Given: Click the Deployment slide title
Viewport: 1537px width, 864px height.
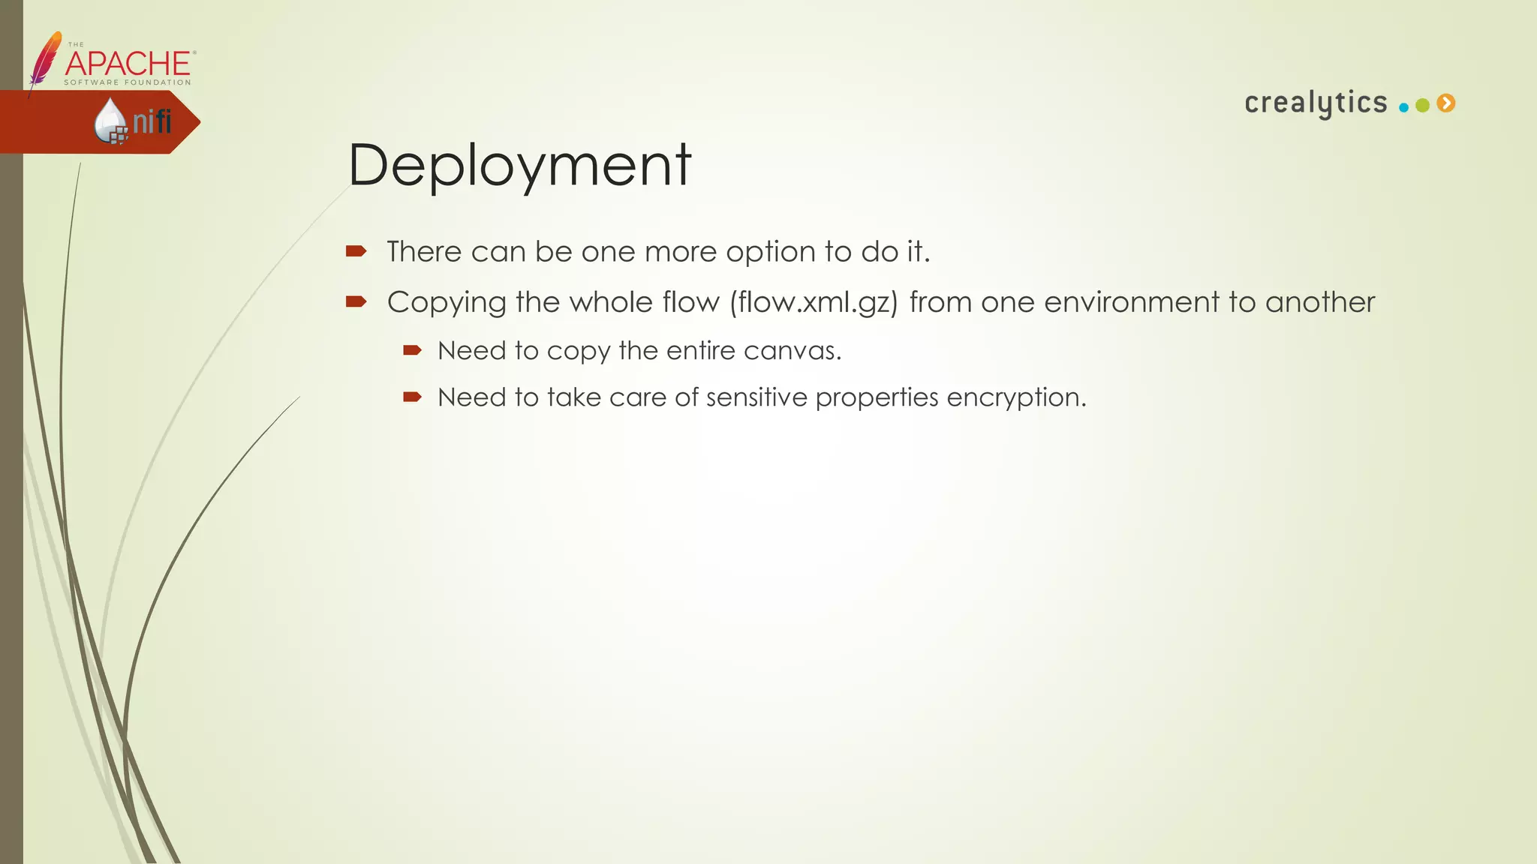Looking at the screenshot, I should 519,166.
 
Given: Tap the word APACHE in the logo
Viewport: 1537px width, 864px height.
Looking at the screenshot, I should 128,64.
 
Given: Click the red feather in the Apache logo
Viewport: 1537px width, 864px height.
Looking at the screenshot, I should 44,59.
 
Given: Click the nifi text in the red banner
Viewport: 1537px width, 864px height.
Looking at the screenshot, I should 152,121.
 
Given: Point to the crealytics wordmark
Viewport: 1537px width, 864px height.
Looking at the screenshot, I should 1316,103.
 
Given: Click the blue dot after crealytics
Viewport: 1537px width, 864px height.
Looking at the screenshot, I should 1403,107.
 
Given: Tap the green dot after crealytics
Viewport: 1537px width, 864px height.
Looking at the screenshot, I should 1422,106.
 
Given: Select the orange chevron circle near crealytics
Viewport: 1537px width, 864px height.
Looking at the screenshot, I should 1446,103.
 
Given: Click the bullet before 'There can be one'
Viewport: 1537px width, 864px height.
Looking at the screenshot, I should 356,251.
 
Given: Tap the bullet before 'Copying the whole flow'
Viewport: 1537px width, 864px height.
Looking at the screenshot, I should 356,301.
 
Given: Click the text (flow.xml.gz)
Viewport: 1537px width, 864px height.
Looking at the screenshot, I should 814,302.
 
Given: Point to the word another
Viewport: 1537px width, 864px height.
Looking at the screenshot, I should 1320,302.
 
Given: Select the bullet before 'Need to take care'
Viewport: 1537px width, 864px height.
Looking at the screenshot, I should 412,397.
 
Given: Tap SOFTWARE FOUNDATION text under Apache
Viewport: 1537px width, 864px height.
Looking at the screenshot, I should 128,82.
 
